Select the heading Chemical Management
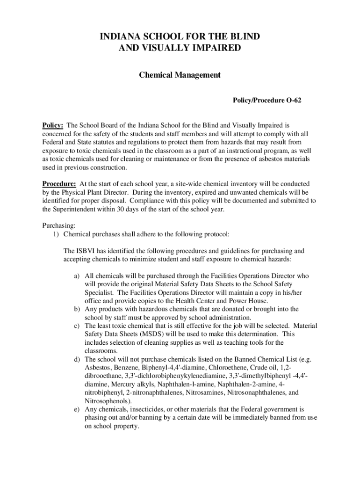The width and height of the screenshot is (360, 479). [180, 75]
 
